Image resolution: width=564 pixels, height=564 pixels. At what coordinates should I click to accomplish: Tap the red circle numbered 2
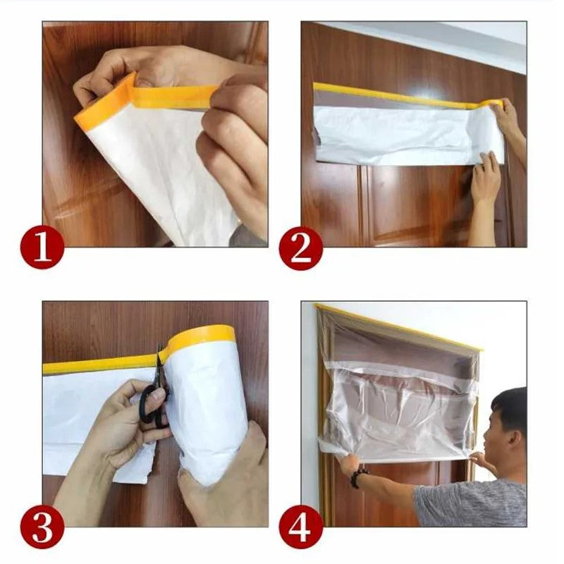pos(301,248)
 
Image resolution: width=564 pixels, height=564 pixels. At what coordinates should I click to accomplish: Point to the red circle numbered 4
pos(301,527)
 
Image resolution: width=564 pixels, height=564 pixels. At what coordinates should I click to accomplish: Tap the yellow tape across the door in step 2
pos(395,93)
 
